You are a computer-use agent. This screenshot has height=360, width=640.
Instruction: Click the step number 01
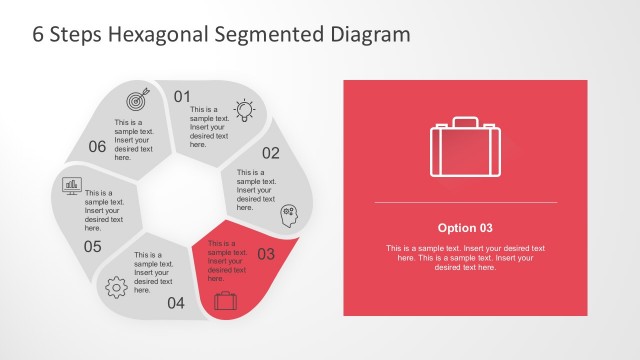click(182, 97)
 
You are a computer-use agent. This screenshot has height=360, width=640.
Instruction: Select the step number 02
click(271, 153)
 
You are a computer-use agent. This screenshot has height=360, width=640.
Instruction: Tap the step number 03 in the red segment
click(266, 254)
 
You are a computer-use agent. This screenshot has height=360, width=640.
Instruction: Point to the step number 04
click(176, 303)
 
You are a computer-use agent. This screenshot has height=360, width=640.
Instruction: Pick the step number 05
click(92, 246)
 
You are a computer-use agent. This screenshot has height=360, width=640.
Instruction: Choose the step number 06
click(97, 147)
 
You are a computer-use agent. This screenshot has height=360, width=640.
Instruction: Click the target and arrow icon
click(136, 100)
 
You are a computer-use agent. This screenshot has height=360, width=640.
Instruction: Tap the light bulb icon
click(243, 108)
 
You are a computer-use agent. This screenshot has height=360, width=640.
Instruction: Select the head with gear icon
click(289, 212)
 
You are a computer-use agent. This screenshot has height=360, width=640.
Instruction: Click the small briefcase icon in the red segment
click(225, 298)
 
